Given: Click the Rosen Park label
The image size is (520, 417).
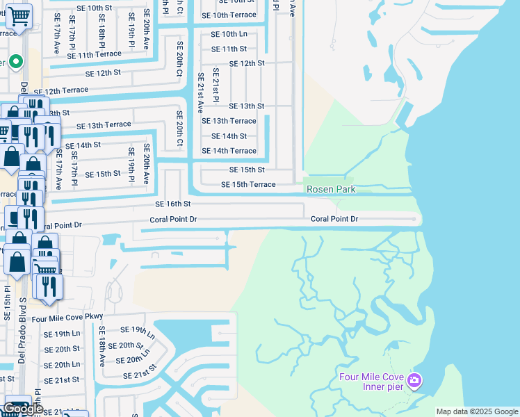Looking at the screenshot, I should pos(331,189).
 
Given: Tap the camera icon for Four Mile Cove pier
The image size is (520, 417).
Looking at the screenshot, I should pos(414,380).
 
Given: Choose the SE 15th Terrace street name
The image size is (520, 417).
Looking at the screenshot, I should pos(248,184).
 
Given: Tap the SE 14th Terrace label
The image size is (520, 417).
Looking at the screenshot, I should pos(229,151).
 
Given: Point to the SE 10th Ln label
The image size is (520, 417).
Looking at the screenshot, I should pos(229,33).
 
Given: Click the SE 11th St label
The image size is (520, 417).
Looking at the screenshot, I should pos(229,49).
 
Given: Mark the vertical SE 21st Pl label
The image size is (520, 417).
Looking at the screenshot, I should pos(216,86).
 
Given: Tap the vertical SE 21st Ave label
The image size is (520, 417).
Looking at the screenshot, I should pos(200,92).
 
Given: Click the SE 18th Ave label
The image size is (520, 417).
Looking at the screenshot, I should pos(101,346).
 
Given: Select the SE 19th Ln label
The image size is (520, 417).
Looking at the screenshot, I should pos(62,334).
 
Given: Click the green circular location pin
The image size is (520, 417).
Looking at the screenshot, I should pos(15,62).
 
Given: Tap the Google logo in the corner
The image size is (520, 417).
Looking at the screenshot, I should pos(23,409).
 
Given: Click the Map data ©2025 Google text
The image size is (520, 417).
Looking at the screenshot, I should pos(476,411).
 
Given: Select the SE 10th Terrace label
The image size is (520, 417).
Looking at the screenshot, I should pos(229,15).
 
